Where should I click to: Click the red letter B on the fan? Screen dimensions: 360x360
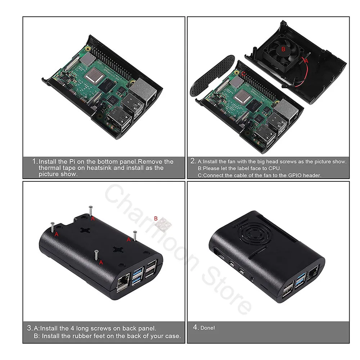[283, 48]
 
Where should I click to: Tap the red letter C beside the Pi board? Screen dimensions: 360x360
[244, 73]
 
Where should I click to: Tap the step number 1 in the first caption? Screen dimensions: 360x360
[34, 161]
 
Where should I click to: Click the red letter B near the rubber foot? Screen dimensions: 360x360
[156, 218]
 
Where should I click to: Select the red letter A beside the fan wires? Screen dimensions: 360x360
[306, 61]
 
